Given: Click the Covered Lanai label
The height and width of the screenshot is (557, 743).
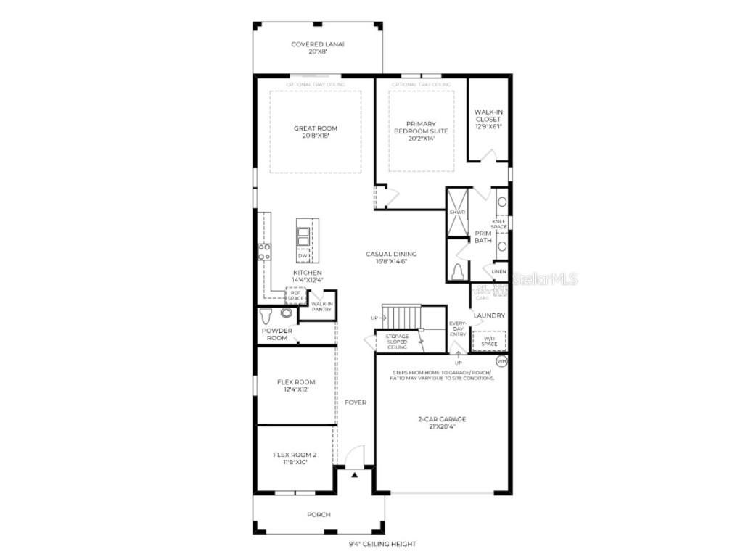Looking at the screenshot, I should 317,44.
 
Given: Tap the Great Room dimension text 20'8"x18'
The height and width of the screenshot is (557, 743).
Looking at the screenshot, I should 315,136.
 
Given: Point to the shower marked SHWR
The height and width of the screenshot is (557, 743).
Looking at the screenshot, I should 457,212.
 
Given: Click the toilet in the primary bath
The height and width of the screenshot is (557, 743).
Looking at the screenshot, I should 458,271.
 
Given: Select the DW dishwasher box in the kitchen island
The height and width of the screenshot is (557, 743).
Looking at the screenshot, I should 303,255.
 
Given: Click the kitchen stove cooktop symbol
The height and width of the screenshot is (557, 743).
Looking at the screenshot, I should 264,252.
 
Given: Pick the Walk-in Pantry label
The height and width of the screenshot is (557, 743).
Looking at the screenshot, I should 321,307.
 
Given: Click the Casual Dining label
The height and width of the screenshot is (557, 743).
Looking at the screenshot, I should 391,254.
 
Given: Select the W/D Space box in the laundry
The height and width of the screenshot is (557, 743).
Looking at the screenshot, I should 489,341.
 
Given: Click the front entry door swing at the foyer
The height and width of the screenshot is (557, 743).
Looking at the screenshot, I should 355,457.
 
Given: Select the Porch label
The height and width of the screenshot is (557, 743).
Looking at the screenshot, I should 319,514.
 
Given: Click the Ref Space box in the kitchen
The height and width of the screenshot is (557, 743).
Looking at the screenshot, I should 295,296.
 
